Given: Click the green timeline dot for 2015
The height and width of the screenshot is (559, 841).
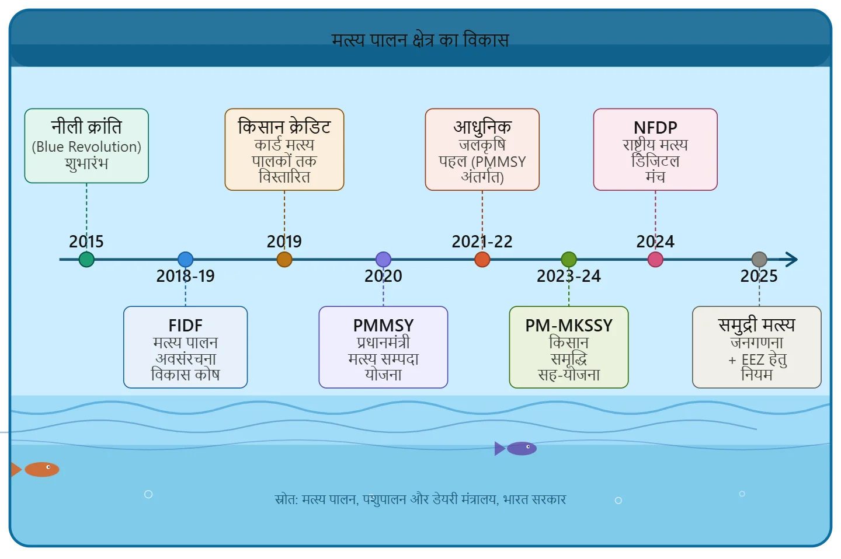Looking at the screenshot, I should (86, 260).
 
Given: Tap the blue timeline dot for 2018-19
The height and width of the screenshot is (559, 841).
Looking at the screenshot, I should (185, 260).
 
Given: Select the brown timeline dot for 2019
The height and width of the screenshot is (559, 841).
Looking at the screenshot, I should (284, 260).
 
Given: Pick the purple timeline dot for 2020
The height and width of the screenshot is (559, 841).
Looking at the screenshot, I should (383, 260).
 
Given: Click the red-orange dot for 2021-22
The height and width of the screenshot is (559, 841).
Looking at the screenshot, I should (482, 260).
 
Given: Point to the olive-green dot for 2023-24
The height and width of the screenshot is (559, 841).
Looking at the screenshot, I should (569, 260).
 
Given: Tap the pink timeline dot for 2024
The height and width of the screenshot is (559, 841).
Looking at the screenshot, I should (655, 260).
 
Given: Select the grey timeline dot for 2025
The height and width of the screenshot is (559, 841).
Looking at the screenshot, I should (759, 260).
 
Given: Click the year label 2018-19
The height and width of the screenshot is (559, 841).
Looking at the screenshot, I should (185, 276).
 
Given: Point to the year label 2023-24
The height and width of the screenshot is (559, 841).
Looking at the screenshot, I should (569, 276).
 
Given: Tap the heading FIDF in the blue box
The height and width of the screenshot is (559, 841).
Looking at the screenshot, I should (185, 325).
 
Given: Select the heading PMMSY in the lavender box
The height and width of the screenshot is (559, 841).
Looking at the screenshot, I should (383, 325).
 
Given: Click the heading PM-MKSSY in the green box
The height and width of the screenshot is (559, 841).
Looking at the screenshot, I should (569, 325).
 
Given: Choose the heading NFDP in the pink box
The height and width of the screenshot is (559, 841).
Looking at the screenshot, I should (655, 127).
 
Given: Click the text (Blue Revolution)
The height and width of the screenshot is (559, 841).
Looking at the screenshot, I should (86, 146).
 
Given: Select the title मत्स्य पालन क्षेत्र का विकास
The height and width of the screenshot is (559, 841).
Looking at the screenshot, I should (420, 40).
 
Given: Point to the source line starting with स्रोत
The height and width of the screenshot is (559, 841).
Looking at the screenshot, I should (420, 499).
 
